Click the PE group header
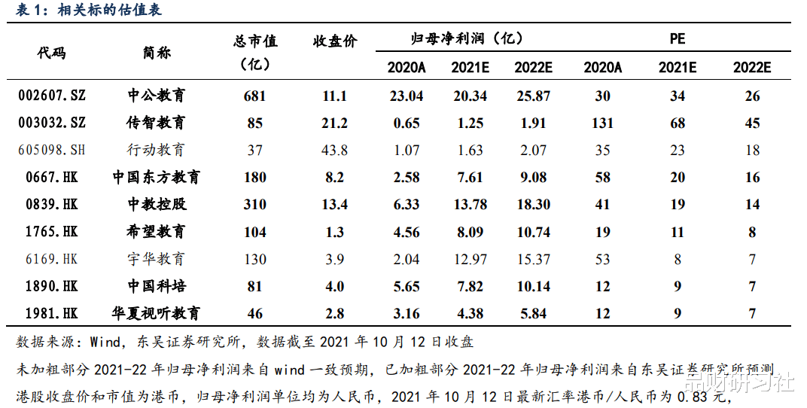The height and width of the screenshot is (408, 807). (x=678, y=38)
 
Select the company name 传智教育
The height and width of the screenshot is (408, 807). (x=156, y=123)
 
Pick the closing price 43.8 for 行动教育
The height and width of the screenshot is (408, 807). (x=334, y=150)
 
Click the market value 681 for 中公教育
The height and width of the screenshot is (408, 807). (x=255, y=96)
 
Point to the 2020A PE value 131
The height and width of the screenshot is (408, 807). (x=602, y=123)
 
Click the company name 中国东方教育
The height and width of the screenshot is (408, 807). (x=157, y=178)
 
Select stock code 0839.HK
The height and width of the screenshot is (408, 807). (x=51, y=205)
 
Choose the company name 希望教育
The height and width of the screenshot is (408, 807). (x=156, y=232)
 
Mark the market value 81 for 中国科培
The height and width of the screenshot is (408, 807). (x=255, y=287)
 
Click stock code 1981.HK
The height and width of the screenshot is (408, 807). (x=51, y=314)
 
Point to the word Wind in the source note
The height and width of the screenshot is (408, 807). (x=105, y=342)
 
